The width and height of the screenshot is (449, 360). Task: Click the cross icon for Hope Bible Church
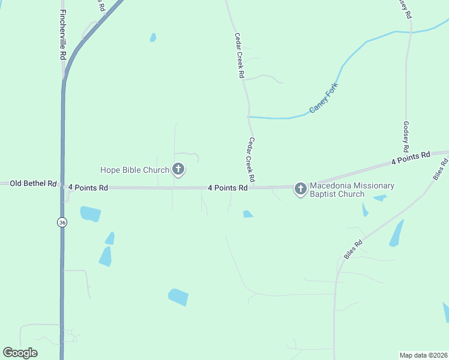click(x=178, y=170)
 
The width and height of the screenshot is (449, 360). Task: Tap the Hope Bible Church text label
click(x=135, y=170)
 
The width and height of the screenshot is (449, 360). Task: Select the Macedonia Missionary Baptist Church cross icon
click(x=300, y=190)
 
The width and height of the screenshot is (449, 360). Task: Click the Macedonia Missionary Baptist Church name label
click(x=352, y=190)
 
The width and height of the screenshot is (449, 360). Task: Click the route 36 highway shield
click(x=62, y=222)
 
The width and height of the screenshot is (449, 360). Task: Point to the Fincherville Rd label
click(x=62, y=34)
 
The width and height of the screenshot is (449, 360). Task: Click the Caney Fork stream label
click(x=324, y=98)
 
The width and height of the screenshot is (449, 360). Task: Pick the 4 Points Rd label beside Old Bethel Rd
click(x=88, y=188)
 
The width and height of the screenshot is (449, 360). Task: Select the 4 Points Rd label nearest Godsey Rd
click(x=411, y=158)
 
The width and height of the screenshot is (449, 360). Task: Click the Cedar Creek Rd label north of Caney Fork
click(x=240, y=55)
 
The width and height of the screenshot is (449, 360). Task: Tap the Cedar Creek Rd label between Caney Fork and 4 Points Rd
click(x=251, y=160)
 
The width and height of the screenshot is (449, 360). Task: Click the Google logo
click(x=20, y=353)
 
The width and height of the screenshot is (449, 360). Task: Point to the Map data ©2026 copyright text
click(x=424, y=355)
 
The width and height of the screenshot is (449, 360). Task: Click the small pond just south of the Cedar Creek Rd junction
click(x=248, y=214)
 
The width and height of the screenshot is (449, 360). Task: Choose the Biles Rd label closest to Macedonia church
click(x=354, y=250)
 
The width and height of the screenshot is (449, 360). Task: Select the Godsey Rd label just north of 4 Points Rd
click(x=406, y=136)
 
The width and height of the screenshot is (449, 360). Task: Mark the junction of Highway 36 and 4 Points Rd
click(x=62, y=187)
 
